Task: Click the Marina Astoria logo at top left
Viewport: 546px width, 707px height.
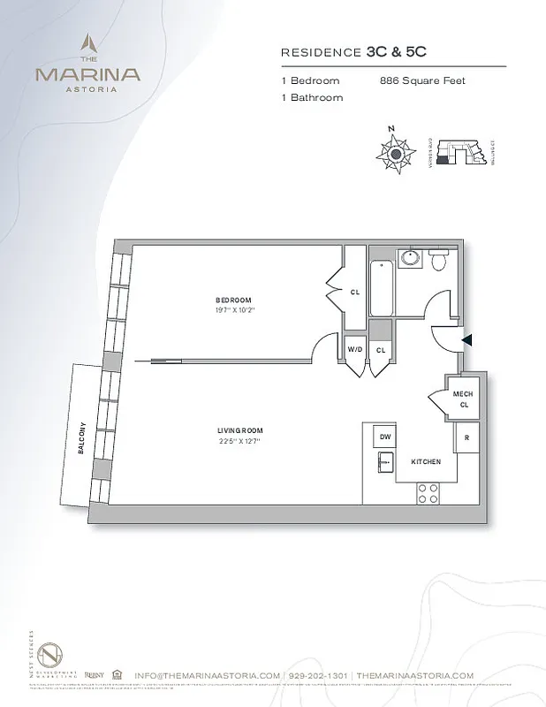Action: tap(87, 64)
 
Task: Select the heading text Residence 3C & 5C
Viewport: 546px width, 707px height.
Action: tap(346, 53)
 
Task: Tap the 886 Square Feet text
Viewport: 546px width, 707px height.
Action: tap(421, 80)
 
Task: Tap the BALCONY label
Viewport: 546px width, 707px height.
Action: tap(81, 436)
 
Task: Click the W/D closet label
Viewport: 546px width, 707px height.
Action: tap(354, 350)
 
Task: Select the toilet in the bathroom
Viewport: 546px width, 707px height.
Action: tap(439, 258)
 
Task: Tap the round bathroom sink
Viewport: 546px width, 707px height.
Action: tap(410, 258)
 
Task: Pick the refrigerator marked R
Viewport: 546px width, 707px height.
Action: tap(466, 437)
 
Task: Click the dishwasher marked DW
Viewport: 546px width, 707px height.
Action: tap(386, 437)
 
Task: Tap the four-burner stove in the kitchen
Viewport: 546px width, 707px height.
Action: tap(428, 492)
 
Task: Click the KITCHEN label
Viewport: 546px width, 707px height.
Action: tap(426, 461)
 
